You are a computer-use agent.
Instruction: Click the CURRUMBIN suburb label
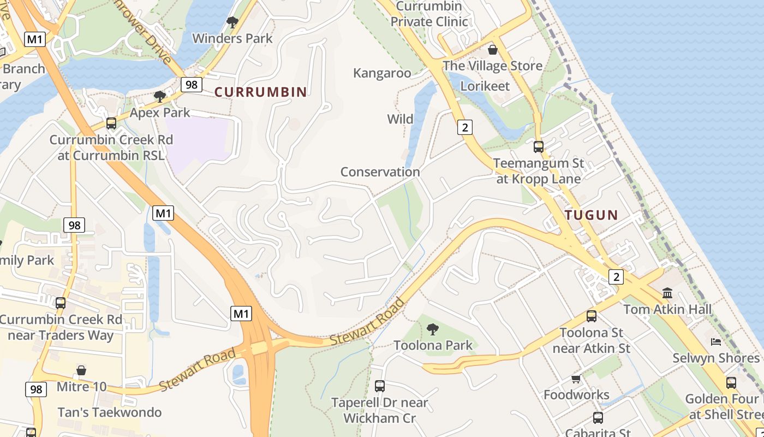pos(261,92)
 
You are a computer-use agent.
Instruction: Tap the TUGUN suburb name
pos(592,215)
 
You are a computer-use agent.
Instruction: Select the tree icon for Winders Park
pos(232,22)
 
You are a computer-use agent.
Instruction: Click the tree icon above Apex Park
pos(160,97)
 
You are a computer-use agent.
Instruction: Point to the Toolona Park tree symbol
pos(433,329)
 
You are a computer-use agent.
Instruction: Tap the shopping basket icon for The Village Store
pos(493,50)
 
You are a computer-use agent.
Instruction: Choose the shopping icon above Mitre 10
pos(81,371)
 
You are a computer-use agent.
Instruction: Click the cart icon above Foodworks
pos(576,379)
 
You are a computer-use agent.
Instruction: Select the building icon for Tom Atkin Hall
pos(667,293)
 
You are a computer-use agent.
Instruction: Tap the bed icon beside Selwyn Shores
pos(716,342)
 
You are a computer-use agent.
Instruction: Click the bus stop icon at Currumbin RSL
pos(111,123)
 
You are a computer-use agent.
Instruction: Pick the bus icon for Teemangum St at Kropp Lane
pos(539,146)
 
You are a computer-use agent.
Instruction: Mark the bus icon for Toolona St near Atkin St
pos(592,316)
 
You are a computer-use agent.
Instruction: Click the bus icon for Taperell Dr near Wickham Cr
pos(380,386)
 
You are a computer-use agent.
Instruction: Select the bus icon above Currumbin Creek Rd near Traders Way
pos(61,303)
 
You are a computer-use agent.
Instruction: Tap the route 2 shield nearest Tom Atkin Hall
pos(616,277)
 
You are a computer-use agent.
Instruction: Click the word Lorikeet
pos(485,86)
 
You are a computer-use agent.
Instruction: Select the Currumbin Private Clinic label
pos(429,14)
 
